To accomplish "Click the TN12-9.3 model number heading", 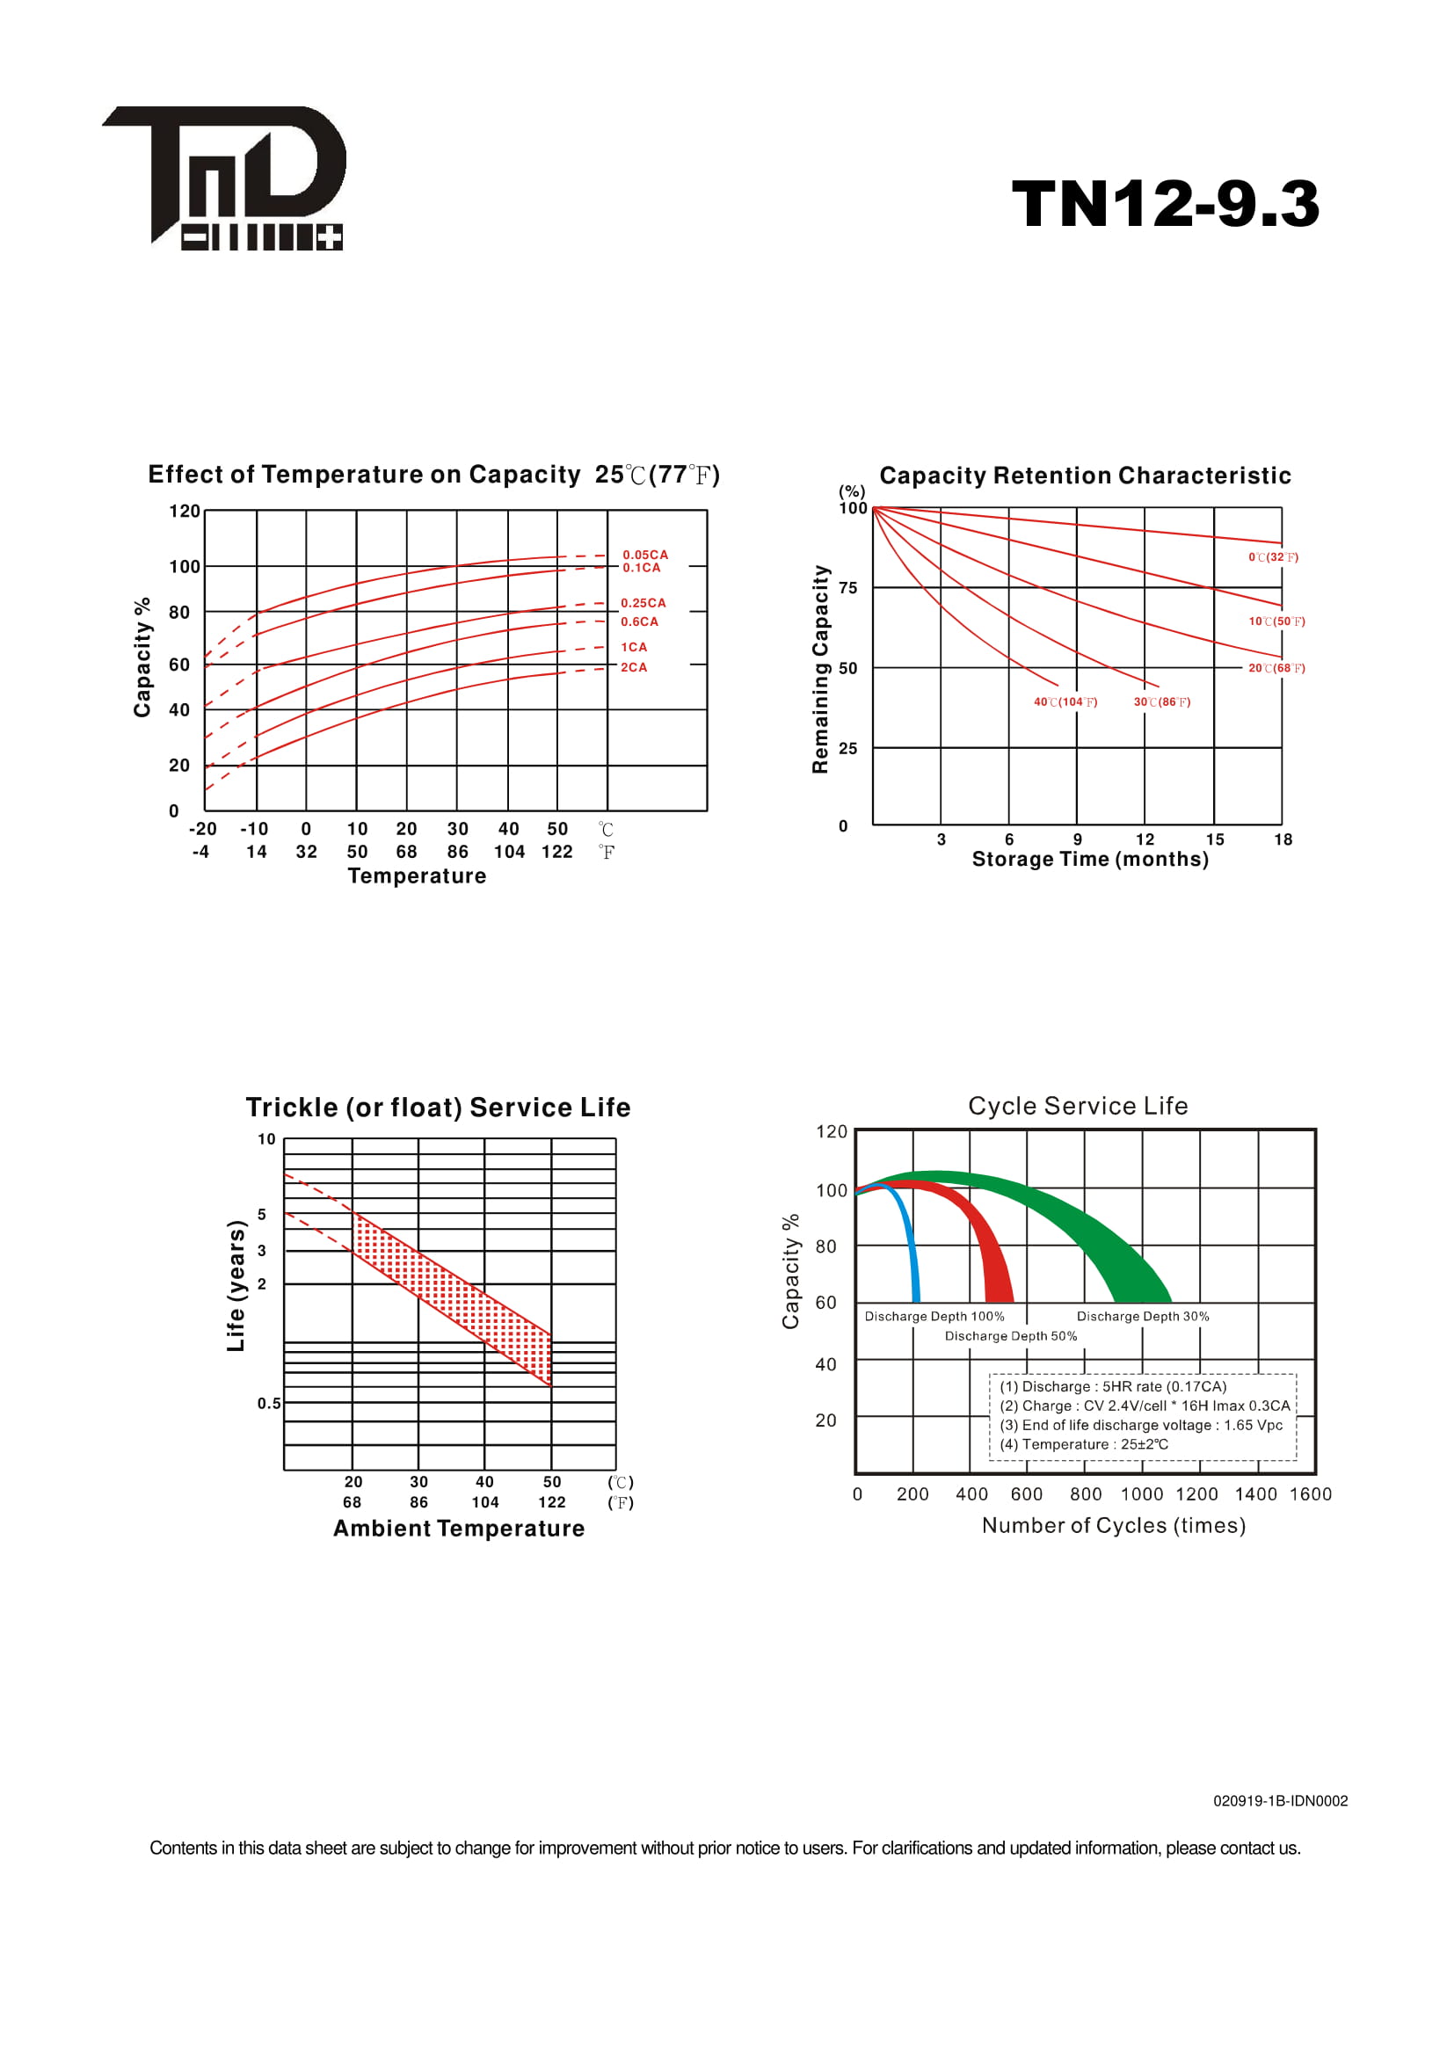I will pos(1165,203).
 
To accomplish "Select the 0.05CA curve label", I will pos(645,555).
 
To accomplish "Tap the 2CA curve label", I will pos(634,667).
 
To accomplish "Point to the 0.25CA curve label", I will pos(643,603).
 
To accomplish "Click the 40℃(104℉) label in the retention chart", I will pos(1065,702).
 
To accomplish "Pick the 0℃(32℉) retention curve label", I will pos(1273,557).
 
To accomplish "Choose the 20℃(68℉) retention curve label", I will pos(1276,668).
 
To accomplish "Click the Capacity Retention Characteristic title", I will pos(1085,476).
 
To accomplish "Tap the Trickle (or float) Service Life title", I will pos(438,1108).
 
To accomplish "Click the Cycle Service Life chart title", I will pos(1078,1106).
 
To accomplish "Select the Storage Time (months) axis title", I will pos(1090,859).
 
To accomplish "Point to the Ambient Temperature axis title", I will pos(458,1529).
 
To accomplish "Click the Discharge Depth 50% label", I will pos(1011,1336).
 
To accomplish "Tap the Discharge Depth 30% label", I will pos(1143,1317).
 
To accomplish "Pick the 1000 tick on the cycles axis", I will pos(1142,1493).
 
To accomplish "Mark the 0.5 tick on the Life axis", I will pos(269,1403).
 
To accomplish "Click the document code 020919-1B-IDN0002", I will pos(1280,1801).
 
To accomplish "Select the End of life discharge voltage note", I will pos(1141,1425).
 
